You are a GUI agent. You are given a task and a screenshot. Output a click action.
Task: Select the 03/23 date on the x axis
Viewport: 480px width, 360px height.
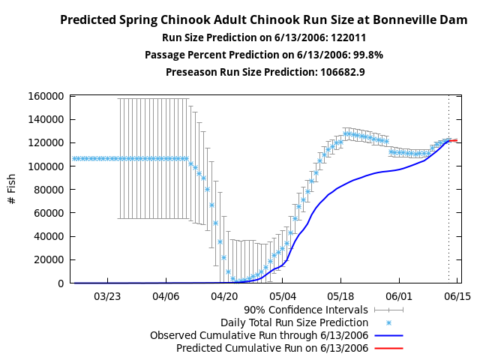[107, 296]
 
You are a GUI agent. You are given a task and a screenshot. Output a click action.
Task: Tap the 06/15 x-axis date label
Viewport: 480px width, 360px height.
[457, 296]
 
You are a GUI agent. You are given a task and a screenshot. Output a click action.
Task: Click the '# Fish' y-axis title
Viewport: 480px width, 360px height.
[12, 190]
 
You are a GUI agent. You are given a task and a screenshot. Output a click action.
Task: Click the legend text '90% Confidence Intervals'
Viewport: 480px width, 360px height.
[306, 309]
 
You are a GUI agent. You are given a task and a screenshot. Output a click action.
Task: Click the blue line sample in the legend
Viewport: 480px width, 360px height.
[389, 335]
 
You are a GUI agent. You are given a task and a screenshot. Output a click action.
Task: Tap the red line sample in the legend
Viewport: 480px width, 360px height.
[389, 348]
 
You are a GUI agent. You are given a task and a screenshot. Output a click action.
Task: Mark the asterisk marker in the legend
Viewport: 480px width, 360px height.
[389, 322]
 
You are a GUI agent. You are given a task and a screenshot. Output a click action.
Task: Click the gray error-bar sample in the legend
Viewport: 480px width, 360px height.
[389, 309]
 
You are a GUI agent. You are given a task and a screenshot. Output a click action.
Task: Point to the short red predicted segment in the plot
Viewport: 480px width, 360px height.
[454, 140]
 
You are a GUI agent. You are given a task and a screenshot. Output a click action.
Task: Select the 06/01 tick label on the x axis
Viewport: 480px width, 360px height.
[399, 296]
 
